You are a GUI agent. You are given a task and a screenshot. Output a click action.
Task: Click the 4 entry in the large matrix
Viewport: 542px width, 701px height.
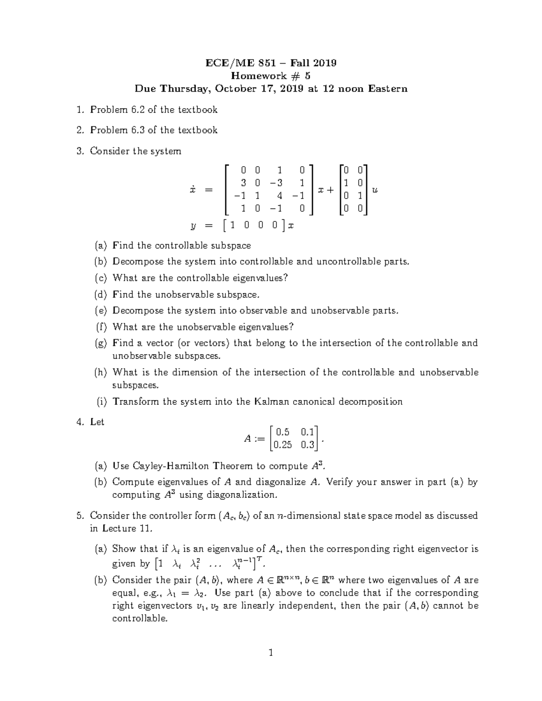click(280, 195)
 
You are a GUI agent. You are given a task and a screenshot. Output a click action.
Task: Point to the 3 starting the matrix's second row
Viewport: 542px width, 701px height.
click(243, 183)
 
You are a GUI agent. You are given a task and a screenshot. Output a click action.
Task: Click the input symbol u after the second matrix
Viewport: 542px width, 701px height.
click(374, 190)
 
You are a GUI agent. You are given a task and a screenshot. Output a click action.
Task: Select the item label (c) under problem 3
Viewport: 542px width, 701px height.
click(101, 278)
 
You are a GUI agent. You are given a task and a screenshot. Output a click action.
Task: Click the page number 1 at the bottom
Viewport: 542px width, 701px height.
click(271, 652)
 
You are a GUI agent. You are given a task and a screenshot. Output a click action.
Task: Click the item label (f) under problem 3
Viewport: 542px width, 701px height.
click(101, 327)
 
